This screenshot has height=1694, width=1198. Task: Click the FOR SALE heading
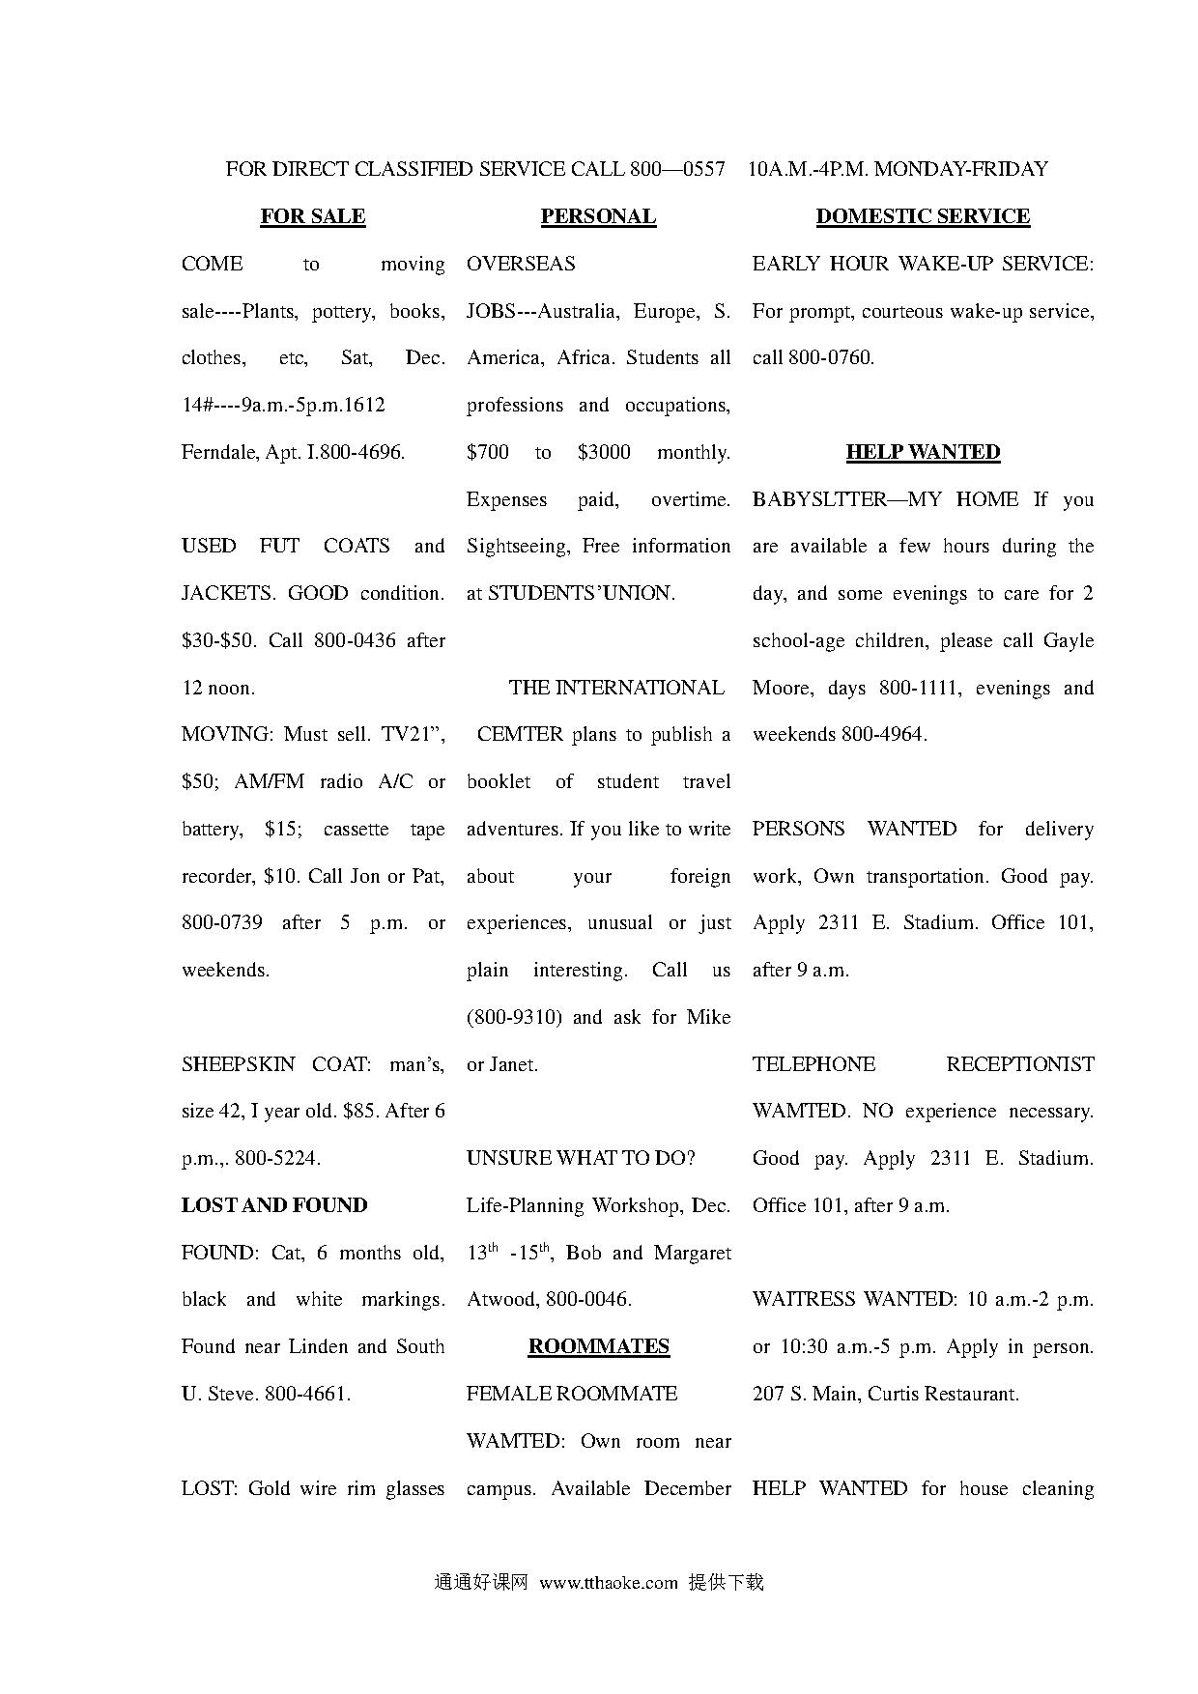tap(312, 216)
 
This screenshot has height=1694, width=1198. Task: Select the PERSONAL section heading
tap(598, 216)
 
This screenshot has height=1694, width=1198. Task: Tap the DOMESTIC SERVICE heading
tap(923, 216)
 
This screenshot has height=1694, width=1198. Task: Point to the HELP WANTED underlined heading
tap(923, 452)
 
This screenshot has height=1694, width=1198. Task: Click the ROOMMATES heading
tap(598, 1346)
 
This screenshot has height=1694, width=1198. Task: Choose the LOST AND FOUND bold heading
tap(274, 1205)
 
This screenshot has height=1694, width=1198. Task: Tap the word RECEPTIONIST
tap(1019, 1064)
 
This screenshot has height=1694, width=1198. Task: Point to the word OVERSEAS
tap(521, 264)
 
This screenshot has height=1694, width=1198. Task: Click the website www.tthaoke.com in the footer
tap(609, 1582)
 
